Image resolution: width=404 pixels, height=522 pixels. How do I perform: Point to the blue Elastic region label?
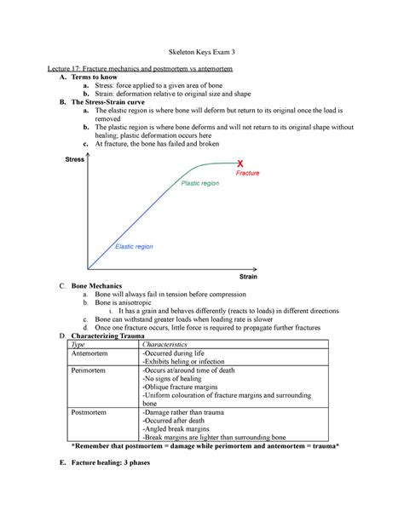click(136, 246)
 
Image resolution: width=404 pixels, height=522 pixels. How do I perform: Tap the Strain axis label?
click(248, 278)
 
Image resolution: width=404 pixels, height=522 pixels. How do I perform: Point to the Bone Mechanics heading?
click(96, 286)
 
